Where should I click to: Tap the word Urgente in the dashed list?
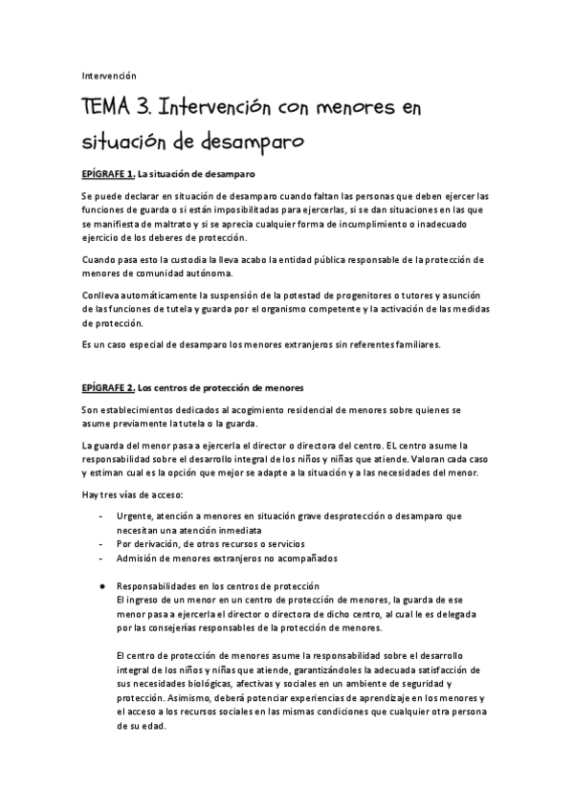134,515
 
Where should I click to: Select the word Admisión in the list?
138,559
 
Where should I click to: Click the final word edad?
152,725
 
